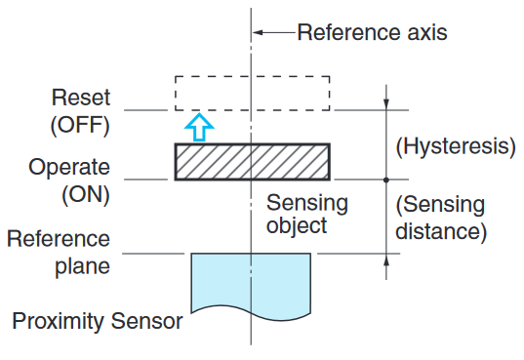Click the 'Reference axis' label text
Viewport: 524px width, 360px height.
point(372,32)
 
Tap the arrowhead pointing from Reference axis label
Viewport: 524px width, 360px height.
point(260,32)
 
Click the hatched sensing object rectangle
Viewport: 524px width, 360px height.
point(252,162)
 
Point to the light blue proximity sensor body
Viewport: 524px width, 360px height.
point(251,283)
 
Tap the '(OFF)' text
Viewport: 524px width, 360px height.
point(81,125)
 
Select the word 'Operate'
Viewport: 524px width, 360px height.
point(70,167)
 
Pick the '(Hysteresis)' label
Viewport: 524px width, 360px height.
point(455,147)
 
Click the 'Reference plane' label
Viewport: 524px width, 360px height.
point(61,253)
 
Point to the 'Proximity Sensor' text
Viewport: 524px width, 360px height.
point(98,320)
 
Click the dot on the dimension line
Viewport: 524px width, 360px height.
point(387,180)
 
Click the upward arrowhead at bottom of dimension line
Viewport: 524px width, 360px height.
point(387,260)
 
